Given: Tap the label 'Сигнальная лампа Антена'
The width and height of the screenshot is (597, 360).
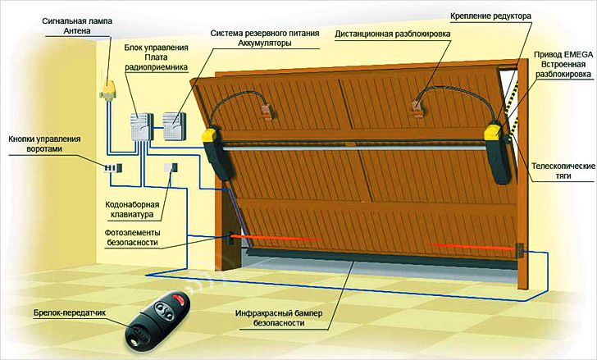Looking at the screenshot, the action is pos(77,26).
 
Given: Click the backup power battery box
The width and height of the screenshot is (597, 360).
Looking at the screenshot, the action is pos(175,127).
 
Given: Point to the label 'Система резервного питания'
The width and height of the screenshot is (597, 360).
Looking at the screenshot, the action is pos(265,34).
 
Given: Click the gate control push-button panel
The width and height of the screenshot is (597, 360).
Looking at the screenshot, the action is pos(112,168).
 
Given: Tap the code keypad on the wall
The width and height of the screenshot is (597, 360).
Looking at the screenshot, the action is pos(171,167).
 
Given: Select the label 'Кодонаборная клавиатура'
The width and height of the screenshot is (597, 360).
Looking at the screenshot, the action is pos(132,210).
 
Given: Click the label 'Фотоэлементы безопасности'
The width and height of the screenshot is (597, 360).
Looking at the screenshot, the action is pos(132,238).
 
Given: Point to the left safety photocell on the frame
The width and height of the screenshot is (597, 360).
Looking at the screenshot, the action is pos(230,238).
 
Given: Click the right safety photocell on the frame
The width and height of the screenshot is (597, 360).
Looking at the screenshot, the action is pos(519,250).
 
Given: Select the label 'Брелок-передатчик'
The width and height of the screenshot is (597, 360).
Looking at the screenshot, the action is pos(70,312).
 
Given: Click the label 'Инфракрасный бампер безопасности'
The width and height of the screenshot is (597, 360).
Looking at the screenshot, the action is pos(279,318).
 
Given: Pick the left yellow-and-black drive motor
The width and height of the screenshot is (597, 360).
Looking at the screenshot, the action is pos(216,153).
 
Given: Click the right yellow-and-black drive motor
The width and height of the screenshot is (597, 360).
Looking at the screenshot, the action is pos(499,154).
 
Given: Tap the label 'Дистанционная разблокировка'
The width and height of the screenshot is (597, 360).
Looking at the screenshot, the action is pos(393,34).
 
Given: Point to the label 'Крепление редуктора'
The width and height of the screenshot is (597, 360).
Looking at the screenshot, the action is pos(490,16).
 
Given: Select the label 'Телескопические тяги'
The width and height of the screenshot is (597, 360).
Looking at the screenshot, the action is pos(563,171).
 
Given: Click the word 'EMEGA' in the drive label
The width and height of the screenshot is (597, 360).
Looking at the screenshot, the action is pos(578,54).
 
